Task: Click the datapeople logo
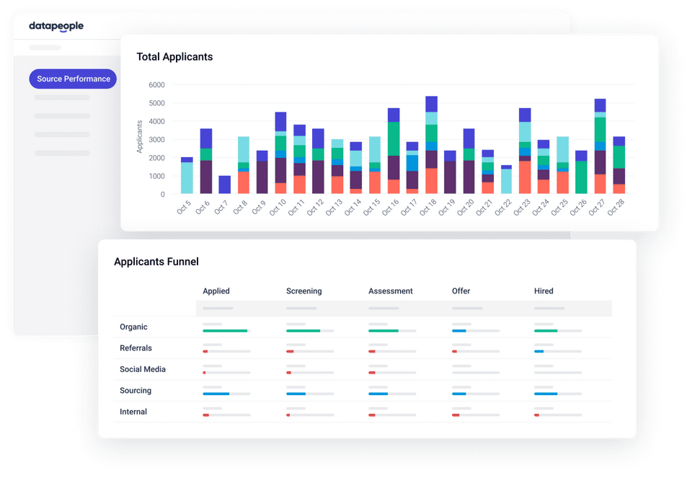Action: point(56,27)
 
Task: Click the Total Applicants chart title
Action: point(174,57)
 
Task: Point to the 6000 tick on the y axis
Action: point(156,85)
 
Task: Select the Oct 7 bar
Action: point(224,185)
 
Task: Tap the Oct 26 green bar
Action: point(581,177)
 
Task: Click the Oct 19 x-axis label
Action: point(448,208)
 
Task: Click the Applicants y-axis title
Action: point(140,136)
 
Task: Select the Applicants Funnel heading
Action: point(156,262)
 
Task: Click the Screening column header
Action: point(304,291)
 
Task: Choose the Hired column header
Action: point(544,291)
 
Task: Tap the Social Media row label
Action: point(143,369)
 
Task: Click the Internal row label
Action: point(133,412)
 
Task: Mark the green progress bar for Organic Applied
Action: point(225,330)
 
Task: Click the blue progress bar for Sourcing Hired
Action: point(546,394)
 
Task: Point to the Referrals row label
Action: point(136,348)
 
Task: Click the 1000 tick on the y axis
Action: point(156,176)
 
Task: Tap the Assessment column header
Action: point(391,291)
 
